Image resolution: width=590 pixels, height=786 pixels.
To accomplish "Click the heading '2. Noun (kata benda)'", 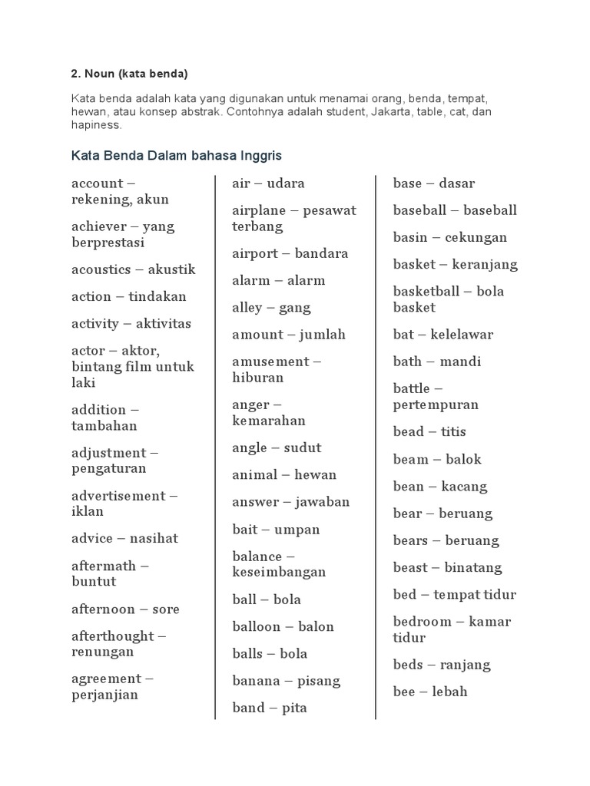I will [129, 74].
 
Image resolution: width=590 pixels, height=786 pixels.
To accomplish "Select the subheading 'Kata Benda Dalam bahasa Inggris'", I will [177, 156].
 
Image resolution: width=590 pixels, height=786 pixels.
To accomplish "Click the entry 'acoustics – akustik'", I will [134, 269].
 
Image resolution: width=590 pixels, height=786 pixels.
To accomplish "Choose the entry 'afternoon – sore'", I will [125, 609].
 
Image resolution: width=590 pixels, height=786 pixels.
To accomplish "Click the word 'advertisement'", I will [120, 496].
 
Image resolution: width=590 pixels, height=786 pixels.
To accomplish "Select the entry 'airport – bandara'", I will [290, 253].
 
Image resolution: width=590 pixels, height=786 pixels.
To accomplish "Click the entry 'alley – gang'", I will [271, 308].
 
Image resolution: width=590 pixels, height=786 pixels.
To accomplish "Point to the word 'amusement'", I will [270, 362].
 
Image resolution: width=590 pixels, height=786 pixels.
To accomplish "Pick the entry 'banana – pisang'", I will [287, 681].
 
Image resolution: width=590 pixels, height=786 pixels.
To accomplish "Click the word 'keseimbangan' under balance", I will [279, 572].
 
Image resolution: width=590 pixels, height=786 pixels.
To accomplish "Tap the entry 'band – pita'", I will [270, 708].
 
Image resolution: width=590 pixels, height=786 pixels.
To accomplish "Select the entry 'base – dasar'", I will [434, 183].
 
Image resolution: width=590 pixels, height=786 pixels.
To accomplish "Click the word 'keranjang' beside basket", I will [486, 264].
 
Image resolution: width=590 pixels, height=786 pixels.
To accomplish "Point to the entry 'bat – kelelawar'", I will [443, 335].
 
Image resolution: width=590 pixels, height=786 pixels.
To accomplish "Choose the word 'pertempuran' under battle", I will [436, 405].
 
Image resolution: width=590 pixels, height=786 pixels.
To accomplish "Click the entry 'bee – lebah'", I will [430, 692].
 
